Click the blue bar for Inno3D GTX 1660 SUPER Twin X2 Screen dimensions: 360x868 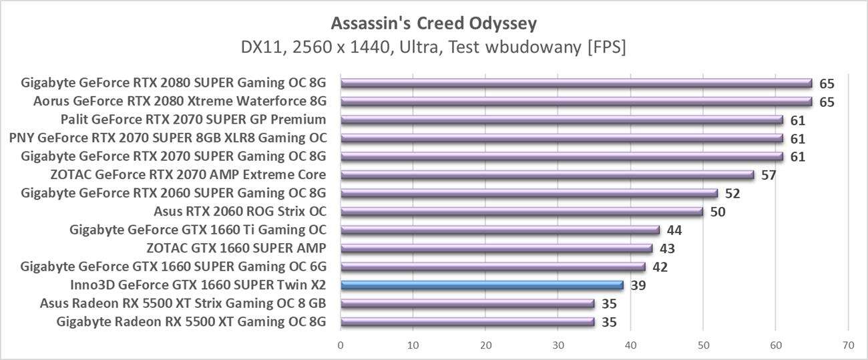click(481, 285)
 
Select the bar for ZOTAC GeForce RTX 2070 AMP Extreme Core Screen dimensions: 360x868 click(547, 175)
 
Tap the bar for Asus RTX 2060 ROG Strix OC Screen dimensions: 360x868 click(521, 212)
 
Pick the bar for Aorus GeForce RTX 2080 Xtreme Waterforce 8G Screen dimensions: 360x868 click(576, 102)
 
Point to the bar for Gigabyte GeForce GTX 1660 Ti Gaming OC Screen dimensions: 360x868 click(499, 230)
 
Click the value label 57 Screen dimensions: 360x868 click(769, 176)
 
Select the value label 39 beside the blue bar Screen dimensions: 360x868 click(638, 286)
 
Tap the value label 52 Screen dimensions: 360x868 click(732, 194)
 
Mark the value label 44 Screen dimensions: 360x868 click(674, 230)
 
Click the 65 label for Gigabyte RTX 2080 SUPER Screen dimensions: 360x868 click(827, 83)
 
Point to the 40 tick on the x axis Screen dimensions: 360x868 click(630, 345)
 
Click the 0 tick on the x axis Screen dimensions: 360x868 click(341, 345)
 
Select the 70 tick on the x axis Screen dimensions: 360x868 click(848, 345)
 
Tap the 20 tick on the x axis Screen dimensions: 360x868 click(485, 345)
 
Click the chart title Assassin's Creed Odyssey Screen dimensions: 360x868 click(434, 24)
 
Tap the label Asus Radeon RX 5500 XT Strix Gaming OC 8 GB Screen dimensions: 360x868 click(182, 304)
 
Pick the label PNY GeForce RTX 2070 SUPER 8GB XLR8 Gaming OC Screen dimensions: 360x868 click(168, 138)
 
